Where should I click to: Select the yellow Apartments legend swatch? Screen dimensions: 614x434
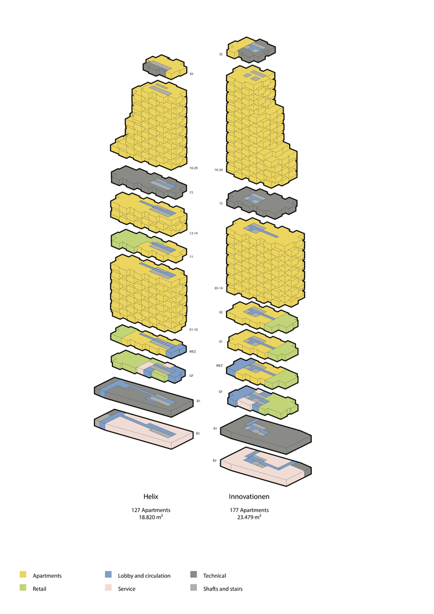(23, 575)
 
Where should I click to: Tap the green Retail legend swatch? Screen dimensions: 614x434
(23, 589)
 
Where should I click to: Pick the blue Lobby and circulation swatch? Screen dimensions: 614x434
(108, 575)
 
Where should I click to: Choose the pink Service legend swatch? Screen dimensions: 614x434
(108, 589)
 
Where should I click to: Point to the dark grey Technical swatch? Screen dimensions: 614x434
(193, 575)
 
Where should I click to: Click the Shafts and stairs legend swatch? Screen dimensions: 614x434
(193, 589)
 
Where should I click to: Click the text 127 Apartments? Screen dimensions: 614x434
(151, 510)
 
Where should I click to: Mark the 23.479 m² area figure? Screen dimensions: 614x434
(249, 518)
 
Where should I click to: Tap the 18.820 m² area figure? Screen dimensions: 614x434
(151, 518)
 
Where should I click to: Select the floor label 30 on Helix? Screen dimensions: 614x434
(192, 74)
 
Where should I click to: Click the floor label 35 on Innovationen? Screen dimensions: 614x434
(220, 55)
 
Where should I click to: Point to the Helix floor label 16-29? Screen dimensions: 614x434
(193, 168)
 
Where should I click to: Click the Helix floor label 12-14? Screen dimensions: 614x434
(193, 234)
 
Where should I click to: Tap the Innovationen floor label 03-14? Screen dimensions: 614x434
(219, 288)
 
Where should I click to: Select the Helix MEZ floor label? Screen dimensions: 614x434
(193, 352)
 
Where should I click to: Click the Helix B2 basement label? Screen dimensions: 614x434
(198, 433)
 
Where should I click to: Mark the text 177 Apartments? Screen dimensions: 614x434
(249, 510)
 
